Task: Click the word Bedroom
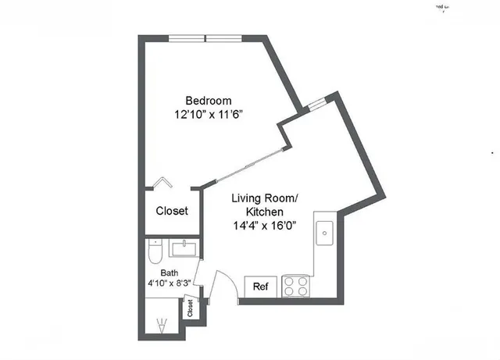point(209,101)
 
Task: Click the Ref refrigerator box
point(260,287)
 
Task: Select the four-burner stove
point(296,286)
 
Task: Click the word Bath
point(169,273)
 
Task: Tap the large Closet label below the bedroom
point(172,211)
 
